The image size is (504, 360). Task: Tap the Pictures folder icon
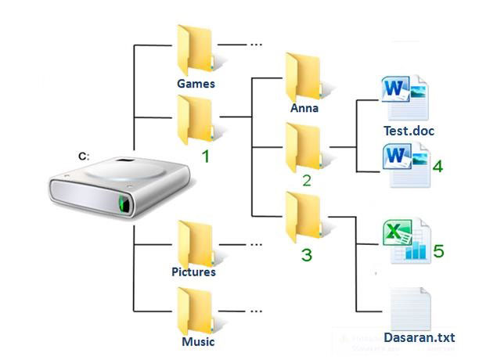[194, 243]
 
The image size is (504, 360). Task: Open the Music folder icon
[194, 311]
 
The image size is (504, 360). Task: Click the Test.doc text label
[409, 131]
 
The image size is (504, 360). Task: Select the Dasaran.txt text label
[420, 338]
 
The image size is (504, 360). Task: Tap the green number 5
[438, 250]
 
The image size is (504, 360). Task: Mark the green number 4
[437, 167]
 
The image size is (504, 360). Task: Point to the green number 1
[205, 157]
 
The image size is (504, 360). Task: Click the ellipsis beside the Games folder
[255, 45]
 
